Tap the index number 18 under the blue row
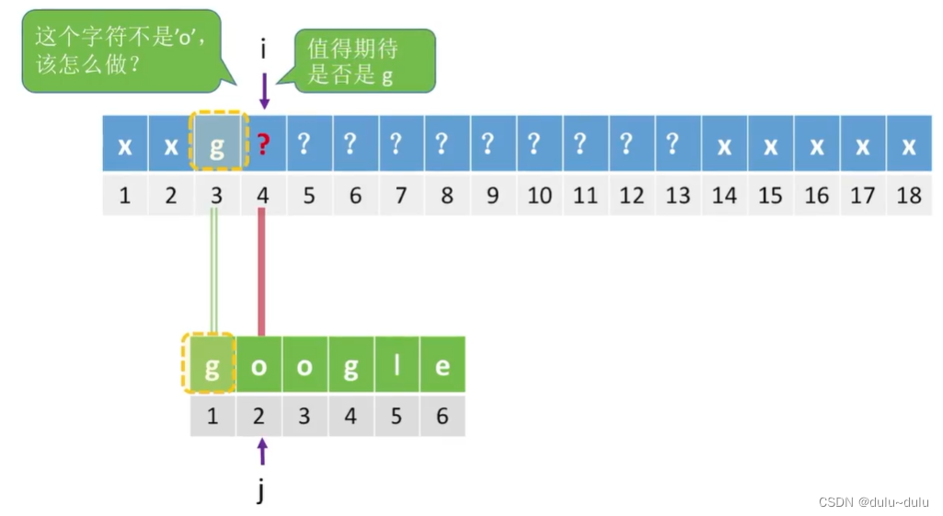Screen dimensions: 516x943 tap(909, 195)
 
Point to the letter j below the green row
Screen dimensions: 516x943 tap(261, 491)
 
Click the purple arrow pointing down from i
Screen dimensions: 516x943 tap(264, 90)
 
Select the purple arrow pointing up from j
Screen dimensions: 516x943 tap(262, 452)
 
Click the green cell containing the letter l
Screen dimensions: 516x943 tap(397, 365)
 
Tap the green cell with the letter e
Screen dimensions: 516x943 tap(443, 365)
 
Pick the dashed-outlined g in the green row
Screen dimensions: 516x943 tap(213, 365)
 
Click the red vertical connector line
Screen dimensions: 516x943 tap(261, 272)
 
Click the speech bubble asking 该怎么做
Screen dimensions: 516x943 tap(121, 51)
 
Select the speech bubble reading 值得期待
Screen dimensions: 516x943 tap(364, 61)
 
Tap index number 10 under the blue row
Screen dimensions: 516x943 tap(540, 195)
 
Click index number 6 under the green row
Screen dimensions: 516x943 tap(443, 416)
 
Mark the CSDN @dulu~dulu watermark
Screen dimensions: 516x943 tap(873, 501)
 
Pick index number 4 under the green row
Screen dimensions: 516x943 tap(351, 416)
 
